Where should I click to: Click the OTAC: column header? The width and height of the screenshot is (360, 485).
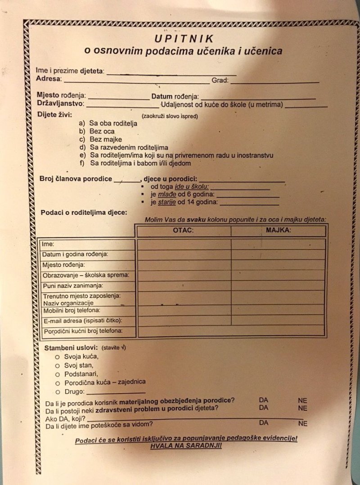(183, 231)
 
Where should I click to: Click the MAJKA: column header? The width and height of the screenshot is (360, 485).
(278, 230)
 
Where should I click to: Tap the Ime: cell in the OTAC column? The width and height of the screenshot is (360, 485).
(184, 244)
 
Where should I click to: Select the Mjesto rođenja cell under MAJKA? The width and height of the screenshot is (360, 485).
(278, 265)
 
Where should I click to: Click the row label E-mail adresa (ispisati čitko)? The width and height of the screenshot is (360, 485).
(82, 321)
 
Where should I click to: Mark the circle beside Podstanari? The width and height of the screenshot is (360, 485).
(57, 374)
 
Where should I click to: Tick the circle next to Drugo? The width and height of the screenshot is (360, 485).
(57, 391)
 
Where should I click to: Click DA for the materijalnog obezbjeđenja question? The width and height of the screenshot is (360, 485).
(263, 399)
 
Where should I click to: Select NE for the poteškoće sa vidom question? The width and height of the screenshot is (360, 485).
(302, 423)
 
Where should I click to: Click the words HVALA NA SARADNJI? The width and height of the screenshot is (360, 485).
(186, 446)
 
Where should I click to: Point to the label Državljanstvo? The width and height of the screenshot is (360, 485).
(60, 104)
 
